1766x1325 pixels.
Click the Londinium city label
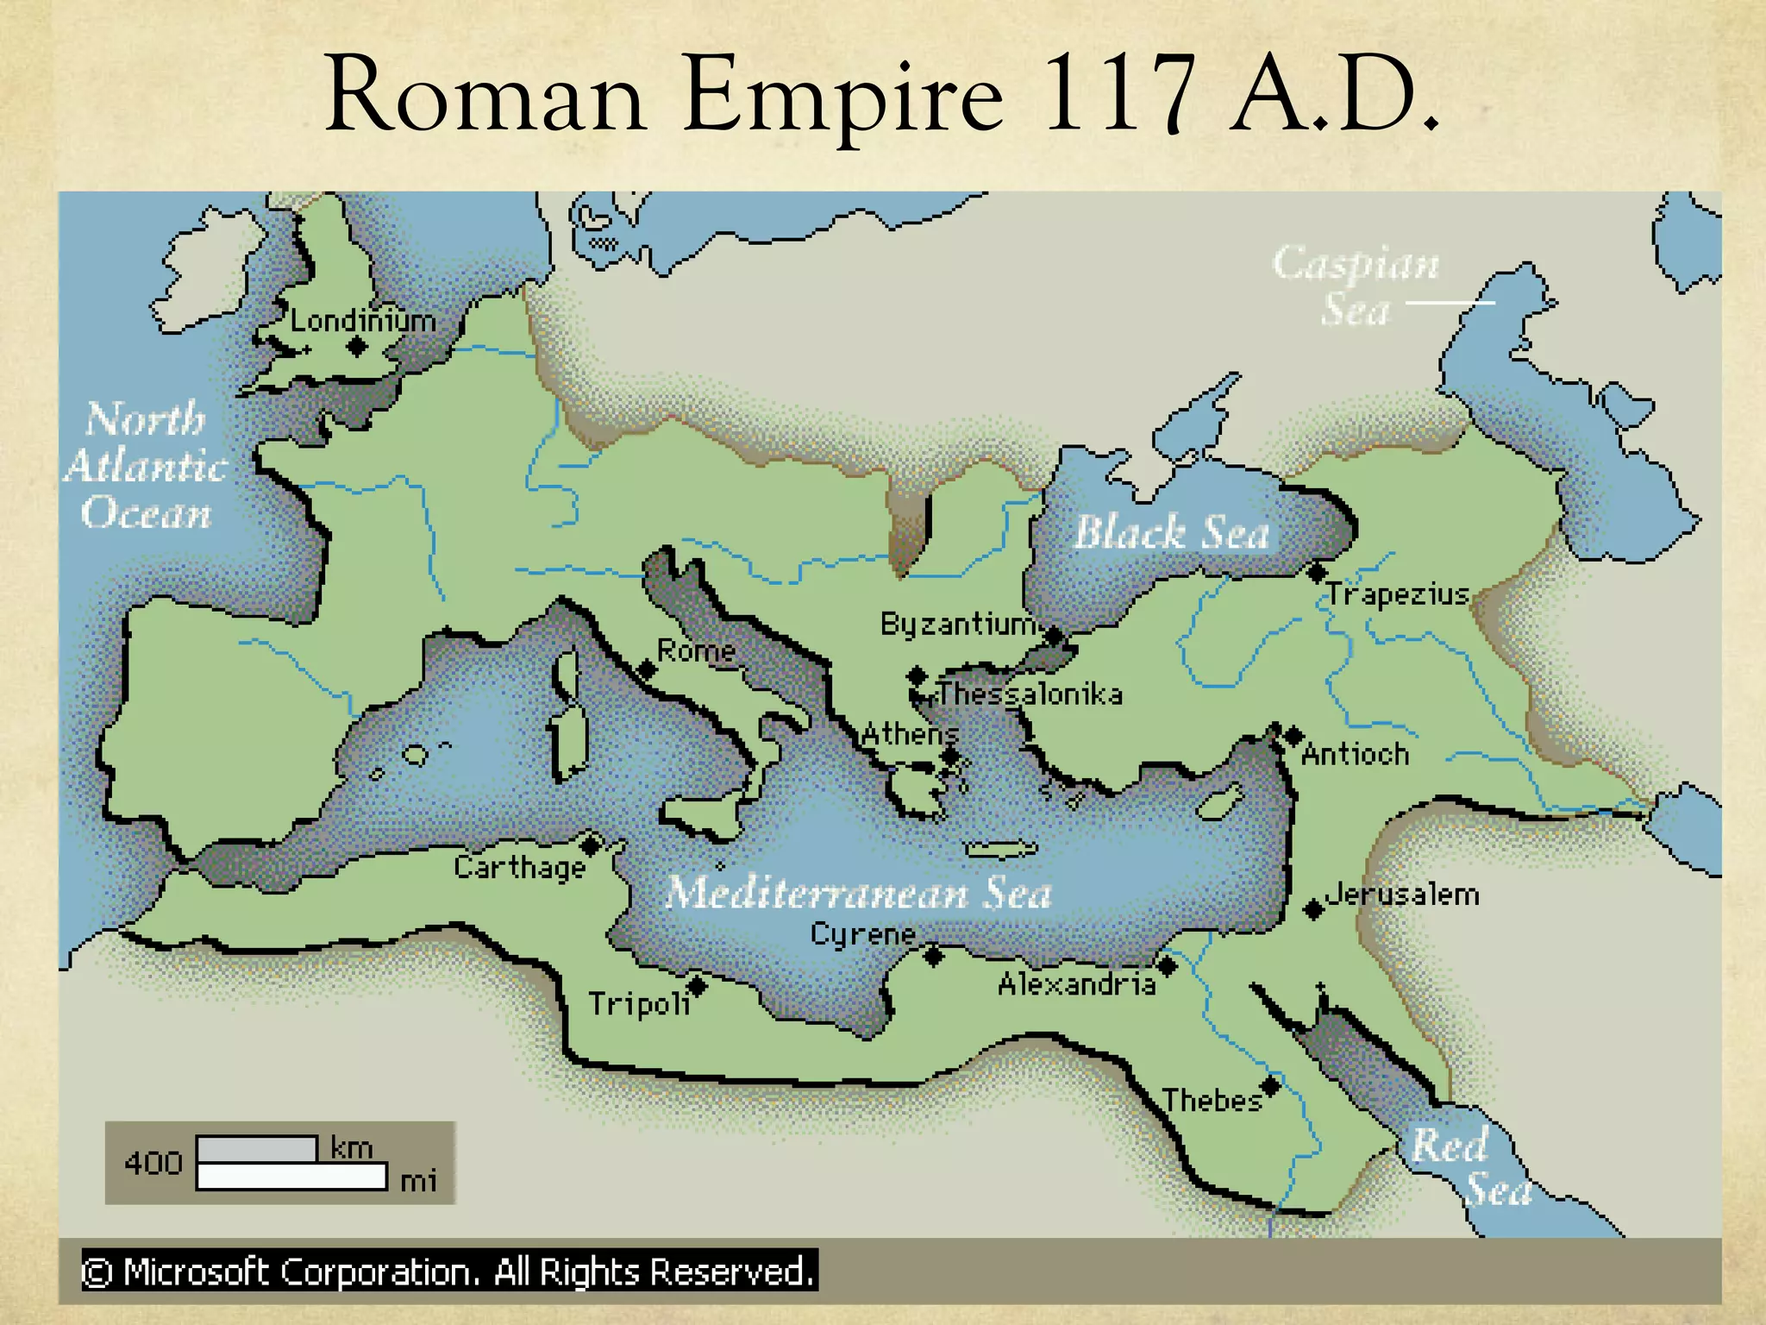[362, 321]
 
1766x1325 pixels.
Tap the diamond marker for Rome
[647, 670]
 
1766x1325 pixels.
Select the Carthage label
[520, 867]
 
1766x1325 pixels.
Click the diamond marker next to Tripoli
[697, 985]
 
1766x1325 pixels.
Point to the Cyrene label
[863, 934]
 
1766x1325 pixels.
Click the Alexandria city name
[1076, 984]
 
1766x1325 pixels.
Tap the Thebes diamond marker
[1270, 1085]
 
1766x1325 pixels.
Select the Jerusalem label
[1402, 895]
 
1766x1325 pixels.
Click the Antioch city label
[1355, 755]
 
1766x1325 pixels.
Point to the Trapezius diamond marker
[1317, 572]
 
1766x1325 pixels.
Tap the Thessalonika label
[1030, 694]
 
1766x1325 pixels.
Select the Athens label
[910, 734]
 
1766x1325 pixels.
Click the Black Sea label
[1171, 532]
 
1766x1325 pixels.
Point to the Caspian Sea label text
[1356, 285]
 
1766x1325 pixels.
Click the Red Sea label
[1470, 1167]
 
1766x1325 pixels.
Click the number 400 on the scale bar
[153, 1163]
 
